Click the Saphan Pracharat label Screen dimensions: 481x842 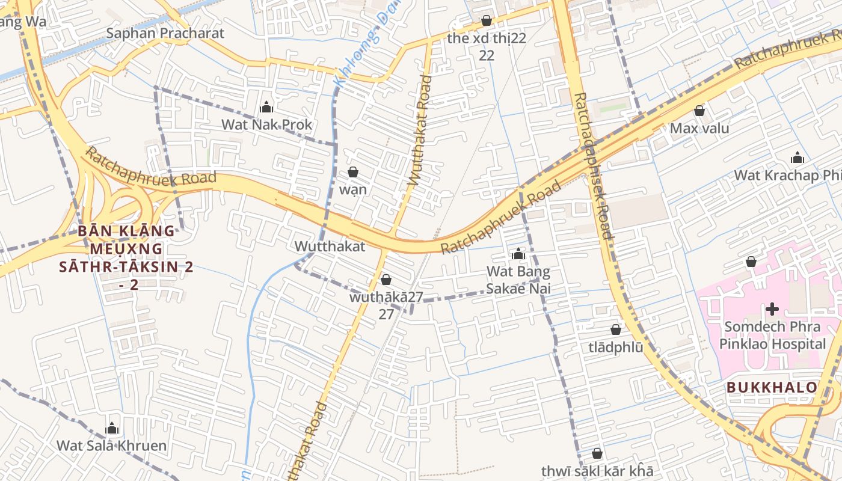(165, 33)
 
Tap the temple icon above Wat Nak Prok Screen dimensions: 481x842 (266, 108)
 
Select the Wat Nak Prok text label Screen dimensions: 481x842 (267, 125)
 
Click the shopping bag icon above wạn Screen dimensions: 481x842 (353, 173)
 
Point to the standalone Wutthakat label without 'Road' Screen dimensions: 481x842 (330, 246)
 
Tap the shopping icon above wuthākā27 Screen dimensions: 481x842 (386, 280)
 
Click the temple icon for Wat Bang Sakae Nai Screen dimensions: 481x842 (518, 254)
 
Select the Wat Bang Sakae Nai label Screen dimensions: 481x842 (518, 280)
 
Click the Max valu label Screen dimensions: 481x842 (699, 128)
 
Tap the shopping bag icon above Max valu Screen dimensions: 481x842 (699, 111)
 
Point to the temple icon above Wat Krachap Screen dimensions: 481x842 (797, 158)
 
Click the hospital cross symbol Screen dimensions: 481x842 (772, 309)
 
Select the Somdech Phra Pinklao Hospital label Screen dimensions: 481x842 (775, 335)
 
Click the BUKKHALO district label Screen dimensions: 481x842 (772, 387)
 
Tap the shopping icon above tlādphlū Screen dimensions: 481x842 (616, 329)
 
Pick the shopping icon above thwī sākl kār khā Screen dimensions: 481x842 (597, 453)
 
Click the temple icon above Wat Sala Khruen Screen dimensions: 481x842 (111, 429)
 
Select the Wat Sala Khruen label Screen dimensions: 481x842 (111, 446)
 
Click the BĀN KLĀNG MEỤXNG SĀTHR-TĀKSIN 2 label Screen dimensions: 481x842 (126, 257)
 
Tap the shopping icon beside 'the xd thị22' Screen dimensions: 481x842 (487, 21)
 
